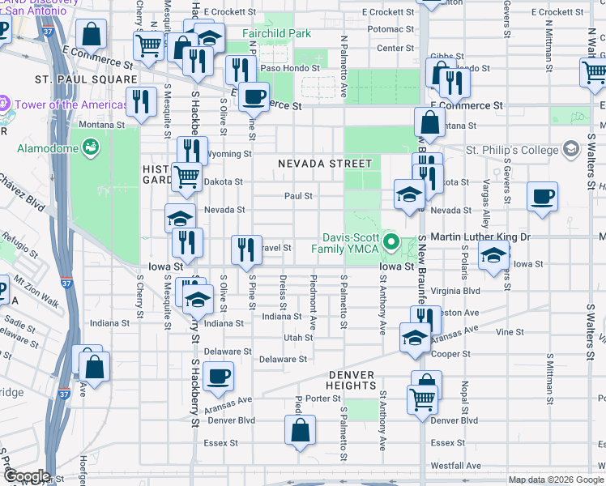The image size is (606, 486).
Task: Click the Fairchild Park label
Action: click(x=276, y=35)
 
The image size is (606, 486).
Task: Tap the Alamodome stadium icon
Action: click(x=91, y=148)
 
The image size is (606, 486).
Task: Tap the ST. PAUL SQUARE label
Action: click(x=86, y=79)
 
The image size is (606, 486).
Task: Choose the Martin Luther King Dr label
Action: click(x=480, y=237)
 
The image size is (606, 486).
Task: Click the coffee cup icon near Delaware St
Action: click(x=218, y=376)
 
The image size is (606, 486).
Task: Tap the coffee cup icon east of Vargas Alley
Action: click(x=542, y=195)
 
